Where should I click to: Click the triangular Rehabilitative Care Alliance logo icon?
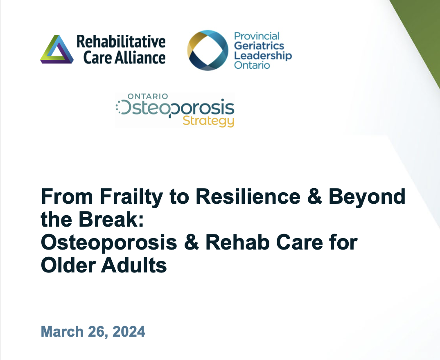[57, 49]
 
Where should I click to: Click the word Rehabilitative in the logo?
[121, 41]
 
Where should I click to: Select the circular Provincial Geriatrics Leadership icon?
[208, 50]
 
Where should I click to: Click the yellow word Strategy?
[208, 121]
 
